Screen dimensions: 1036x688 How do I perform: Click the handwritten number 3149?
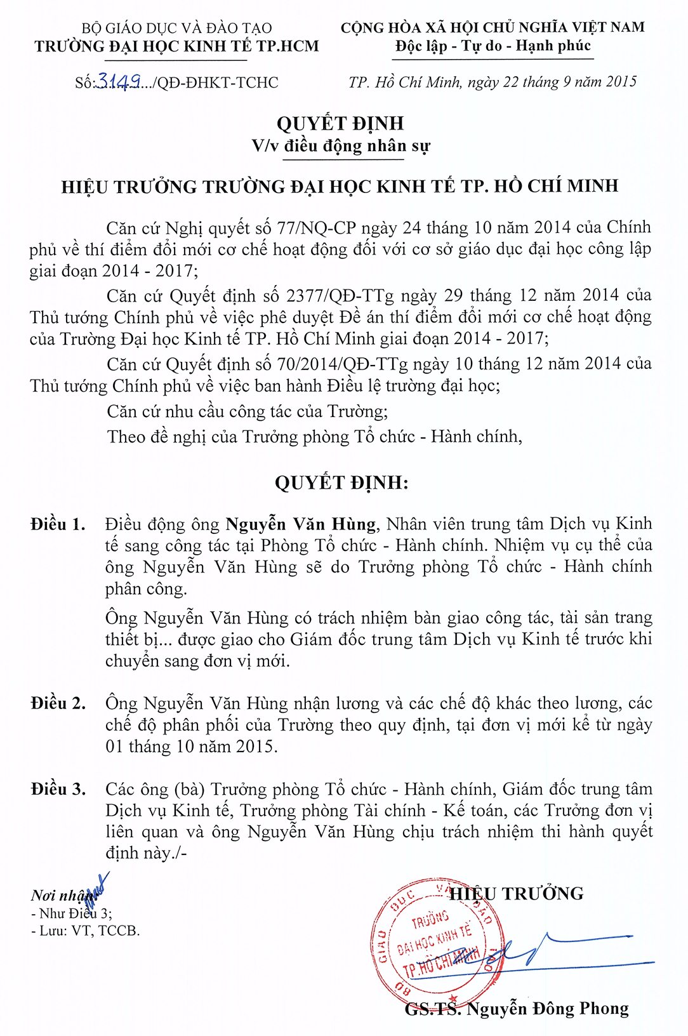(117, 82)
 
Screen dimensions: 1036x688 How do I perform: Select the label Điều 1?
(57, 524)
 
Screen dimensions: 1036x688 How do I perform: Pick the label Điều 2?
(57, 703)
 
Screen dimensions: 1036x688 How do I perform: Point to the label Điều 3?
(57, 789)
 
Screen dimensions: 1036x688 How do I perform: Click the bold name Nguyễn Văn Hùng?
(301, 524)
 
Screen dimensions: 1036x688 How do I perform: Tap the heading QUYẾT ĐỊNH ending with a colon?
(341, 483)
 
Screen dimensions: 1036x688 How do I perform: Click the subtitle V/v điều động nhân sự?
(341, 146)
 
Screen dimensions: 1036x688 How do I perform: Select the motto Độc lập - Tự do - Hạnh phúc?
(493, 46)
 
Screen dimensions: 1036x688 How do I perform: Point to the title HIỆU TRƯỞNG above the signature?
(516, 894)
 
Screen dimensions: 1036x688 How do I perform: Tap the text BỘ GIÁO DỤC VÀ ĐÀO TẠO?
(176, 28)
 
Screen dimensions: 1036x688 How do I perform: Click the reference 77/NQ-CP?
(317, 228)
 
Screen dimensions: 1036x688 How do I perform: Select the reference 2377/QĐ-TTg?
(340, 296)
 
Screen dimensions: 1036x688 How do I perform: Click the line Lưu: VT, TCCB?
(86, 931)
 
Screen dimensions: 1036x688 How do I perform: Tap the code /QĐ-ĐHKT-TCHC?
(216, 83)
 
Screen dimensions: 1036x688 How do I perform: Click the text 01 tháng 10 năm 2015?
(191, 747)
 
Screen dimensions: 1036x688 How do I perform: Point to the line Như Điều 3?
(72, 913)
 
